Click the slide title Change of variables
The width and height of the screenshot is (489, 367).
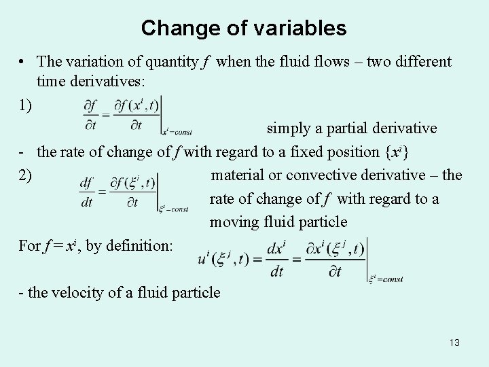click(244, 29)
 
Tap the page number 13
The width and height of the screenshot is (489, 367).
click(454, 343)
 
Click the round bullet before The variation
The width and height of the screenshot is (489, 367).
click(23, 62)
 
